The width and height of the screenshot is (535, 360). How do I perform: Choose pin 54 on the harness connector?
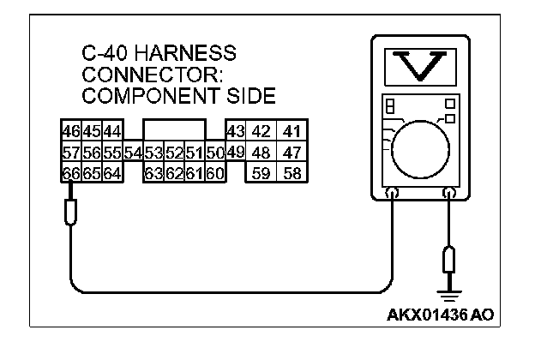click(133, 153)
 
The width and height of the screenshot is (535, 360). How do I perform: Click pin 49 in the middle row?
click(236, 153)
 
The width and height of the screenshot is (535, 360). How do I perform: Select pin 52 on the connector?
click(174, 153)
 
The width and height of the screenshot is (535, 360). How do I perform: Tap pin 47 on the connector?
click(292, 153)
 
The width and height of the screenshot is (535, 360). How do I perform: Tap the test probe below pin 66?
click(71, 211)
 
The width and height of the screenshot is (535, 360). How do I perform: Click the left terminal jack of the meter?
click(393, 195)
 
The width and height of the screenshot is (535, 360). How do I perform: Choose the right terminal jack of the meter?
click(448, 195)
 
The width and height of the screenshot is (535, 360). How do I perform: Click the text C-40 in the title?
click(104, 54)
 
